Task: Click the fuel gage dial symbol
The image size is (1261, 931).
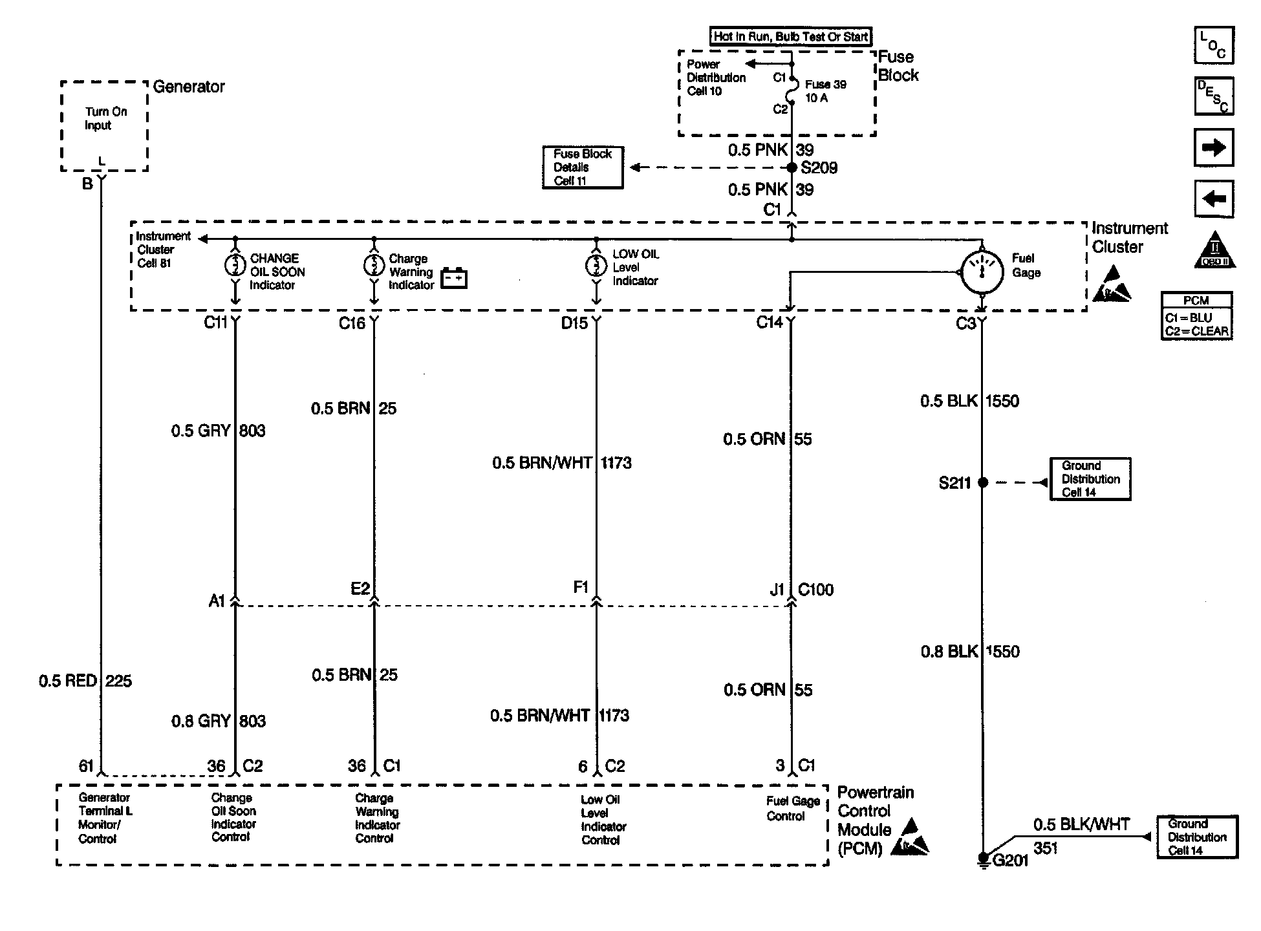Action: [982, 272]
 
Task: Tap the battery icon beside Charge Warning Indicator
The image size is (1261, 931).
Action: [454, 278]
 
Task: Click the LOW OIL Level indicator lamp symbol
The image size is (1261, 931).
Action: [596, 265]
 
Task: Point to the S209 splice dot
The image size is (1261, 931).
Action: [792, 167]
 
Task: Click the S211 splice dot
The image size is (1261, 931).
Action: [982, 482]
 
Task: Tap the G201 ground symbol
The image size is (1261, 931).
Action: [983, 859]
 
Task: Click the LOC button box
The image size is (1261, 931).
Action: [1213, 45]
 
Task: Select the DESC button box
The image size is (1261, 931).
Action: [1214, 96]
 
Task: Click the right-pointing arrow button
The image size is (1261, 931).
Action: [1214, 147]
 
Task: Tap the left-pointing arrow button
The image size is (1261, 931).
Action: [1214, 198]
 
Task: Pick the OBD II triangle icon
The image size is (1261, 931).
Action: [1214, 250]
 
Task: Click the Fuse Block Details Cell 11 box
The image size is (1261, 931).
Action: [583, 167]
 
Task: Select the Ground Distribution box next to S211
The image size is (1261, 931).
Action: [1090, 479]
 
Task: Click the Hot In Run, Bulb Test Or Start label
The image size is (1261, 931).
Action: [791, 37]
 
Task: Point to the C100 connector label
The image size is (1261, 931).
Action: [815, 590]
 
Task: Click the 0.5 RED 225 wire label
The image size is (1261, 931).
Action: [85, 681]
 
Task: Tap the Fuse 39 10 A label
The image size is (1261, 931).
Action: [825, 91]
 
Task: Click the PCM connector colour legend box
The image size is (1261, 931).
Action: [1196, 316]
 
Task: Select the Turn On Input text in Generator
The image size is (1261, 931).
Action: [106, 118]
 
